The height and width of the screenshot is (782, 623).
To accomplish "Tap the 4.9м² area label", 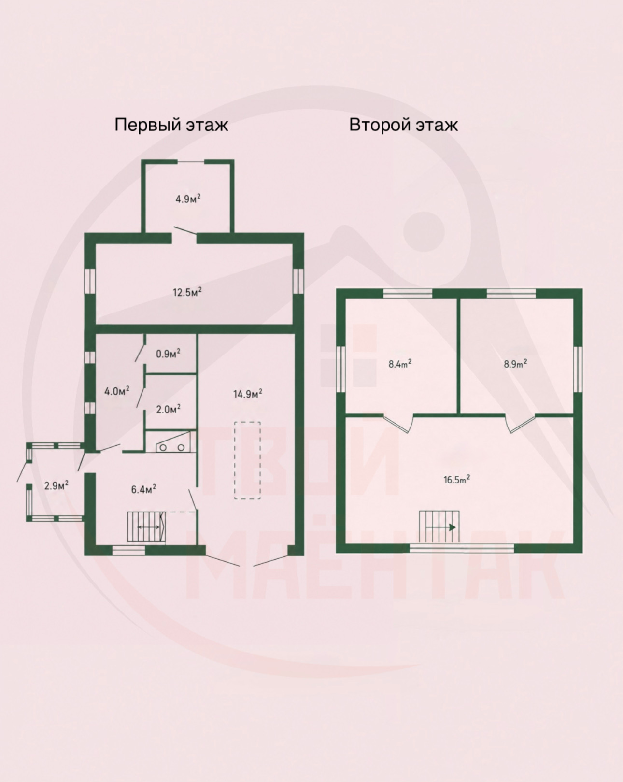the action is pyautogui.click(x=188, y=199).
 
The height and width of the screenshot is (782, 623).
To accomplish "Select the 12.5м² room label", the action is pyautogui.click(x=187, y=292).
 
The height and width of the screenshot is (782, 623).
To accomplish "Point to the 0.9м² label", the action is pyautogui.click(x=168, y=354).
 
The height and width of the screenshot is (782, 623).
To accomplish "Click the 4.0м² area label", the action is pyautogui.click(x=117, y=391).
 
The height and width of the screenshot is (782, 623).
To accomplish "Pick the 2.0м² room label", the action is pyautogui.click(x=168, y=410).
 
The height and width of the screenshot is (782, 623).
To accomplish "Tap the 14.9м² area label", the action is pyautogui.click(x=248, y=394).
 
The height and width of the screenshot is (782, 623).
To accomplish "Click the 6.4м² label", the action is pyautogui.click(x=143, y=489).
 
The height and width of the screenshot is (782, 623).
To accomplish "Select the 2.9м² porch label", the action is pyautogui.click(x=57, y=485).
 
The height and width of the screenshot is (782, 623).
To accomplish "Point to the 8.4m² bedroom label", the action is pyautogui.click(x=400, y=364).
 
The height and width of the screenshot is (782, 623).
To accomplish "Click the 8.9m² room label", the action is pyautogui.click(x=515, y=364).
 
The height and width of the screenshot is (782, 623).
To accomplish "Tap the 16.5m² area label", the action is pyautogui.click(x=456, y=480).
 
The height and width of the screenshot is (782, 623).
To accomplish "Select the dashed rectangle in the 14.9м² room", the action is pyautogui.click(x=247, y=460).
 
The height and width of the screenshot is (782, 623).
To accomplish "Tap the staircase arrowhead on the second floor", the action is pyautogui.click(x=452, y=527).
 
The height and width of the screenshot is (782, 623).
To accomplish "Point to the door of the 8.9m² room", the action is pyautogui.click(x=520, y=424).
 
